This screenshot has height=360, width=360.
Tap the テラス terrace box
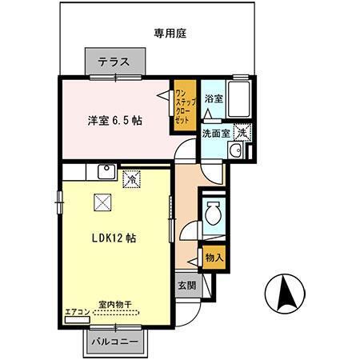pyautogui.click(x=116, y=62)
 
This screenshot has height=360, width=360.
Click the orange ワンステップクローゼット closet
pyautogui.click(x=184, y=108)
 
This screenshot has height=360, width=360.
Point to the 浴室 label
pyautogui.click(x=212, y=99)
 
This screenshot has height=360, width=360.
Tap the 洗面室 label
pyautogui.click(x=214, y=134)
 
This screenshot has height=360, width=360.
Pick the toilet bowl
pyautogui.click(x=213, y=214)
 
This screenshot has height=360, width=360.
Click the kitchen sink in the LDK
pyautogui.click(x=104, y=170)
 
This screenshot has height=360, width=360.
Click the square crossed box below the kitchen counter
pyautogui.click(x=102, y=202)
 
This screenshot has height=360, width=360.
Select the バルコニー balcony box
pyautogui.click(x=116, y=342)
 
